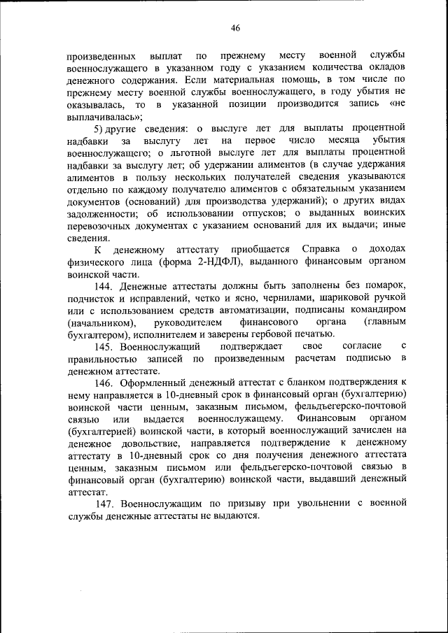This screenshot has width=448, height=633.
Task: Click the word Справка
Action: [321, 250]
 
